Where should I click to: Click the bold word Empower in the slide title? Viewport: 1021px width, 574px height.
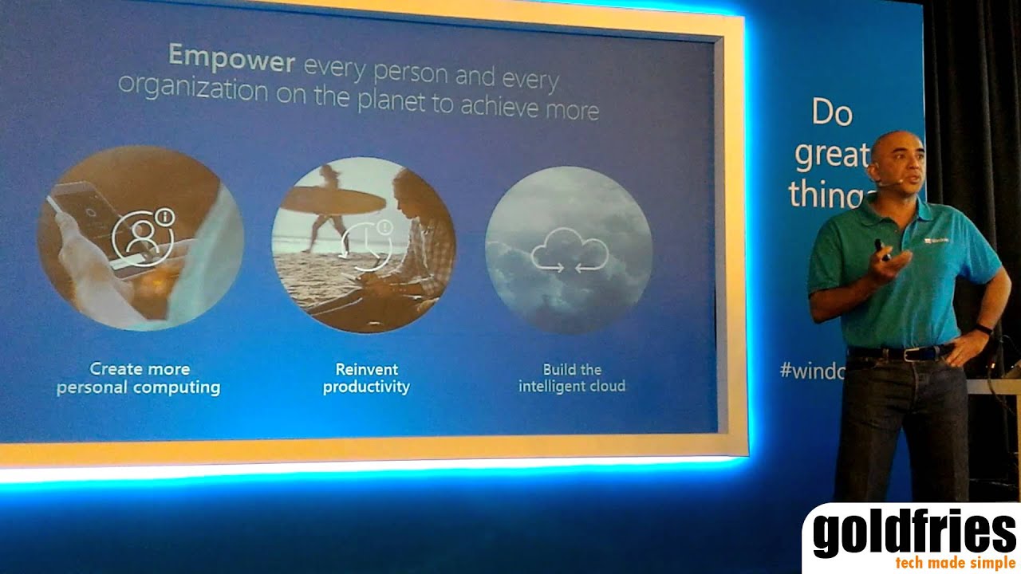pos(231,58)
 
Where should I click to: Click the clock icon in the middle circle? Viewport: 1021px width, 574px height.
pos(364,242)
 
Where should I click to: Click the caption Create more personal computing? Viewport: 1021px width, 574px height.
pos(139,379)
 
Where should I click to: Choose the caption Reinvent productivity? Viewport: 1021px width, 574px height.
pos(366,378)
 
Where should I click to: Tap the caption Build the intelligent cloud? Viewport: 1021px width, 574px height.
pos(572,378)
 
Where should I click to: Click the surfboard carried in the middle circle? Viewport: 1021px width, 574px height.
pos(335,199)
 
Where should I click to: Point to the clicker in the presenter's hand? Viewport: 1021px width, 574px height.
pos(880,249)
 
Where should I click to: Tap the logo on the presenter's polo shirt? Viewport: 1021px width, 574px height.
pos(936,239)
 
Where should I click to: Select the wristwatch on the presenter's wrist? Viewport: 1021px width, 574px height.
pos(984,329)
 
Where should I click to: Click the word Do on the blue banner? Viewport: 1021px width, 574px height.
pos(832,113)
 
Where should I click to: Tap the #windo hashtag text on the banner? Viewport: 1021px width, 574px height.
pos(811,371)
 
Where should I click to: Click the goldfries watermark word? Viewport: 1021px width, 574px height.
pos(914,534)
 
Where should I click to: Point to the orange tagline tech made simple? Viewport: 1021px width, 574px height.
pos(955,563)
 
